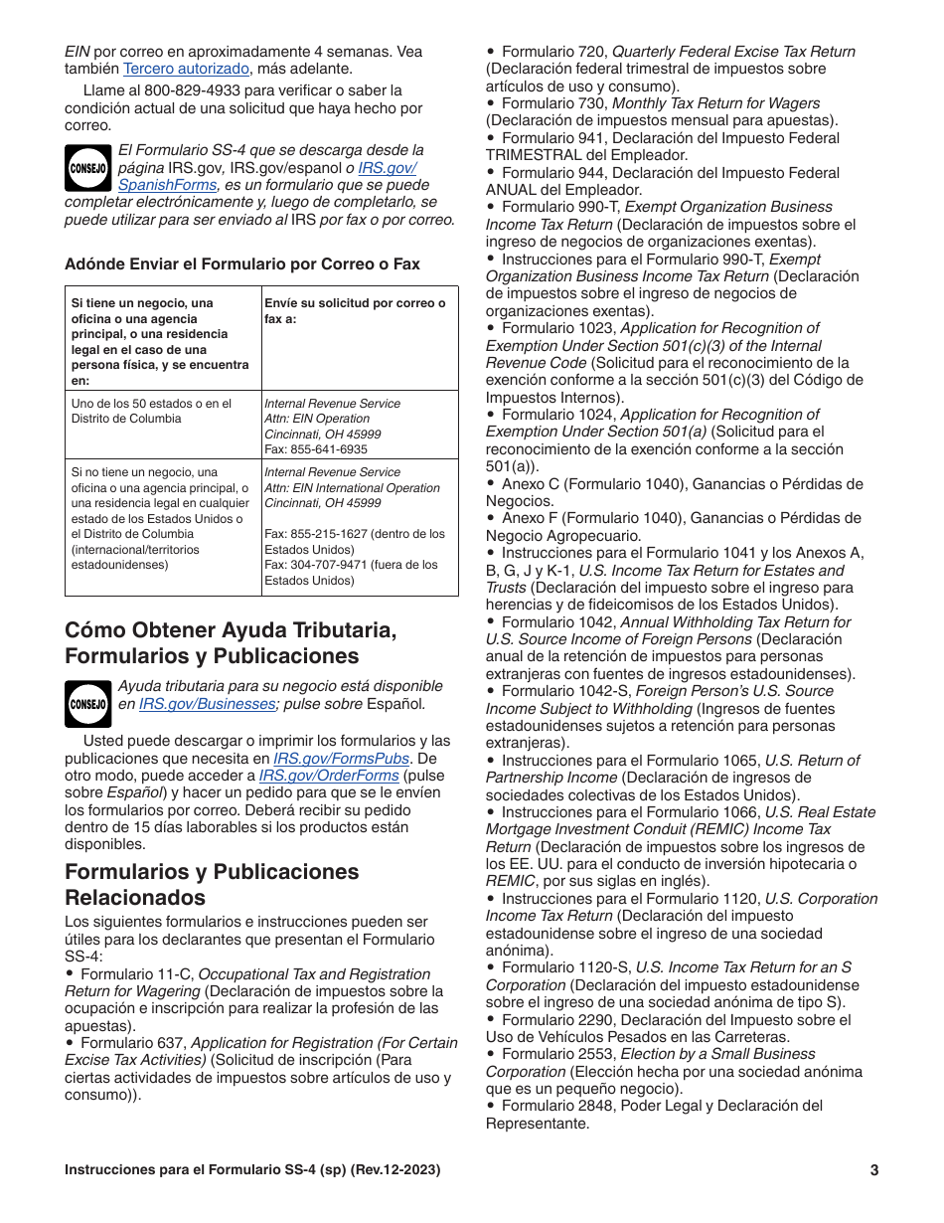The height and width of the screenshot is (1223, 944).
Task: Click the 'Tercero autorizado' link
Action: (x=186, y=69)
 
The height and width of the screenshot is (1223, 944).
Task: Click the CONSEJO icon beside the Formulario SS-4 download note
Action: (x=87, y=168)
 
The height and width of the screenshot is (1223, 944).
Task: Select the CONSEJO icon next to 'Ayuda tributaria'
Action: (x=87, y=704)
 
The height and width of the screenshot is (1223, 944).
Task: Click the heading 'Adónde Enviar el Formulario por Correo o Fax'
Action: (x=241, y=263)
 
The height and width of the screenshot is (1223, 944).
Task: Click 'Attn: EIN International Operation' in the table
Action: (x=351, y=488)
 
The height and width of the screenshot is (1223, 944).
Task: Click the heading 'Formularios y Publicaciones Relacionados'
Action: (x=212, y=884)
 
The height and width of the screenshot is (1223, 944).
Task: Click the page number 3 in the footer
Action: (x=873, y=1170)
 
